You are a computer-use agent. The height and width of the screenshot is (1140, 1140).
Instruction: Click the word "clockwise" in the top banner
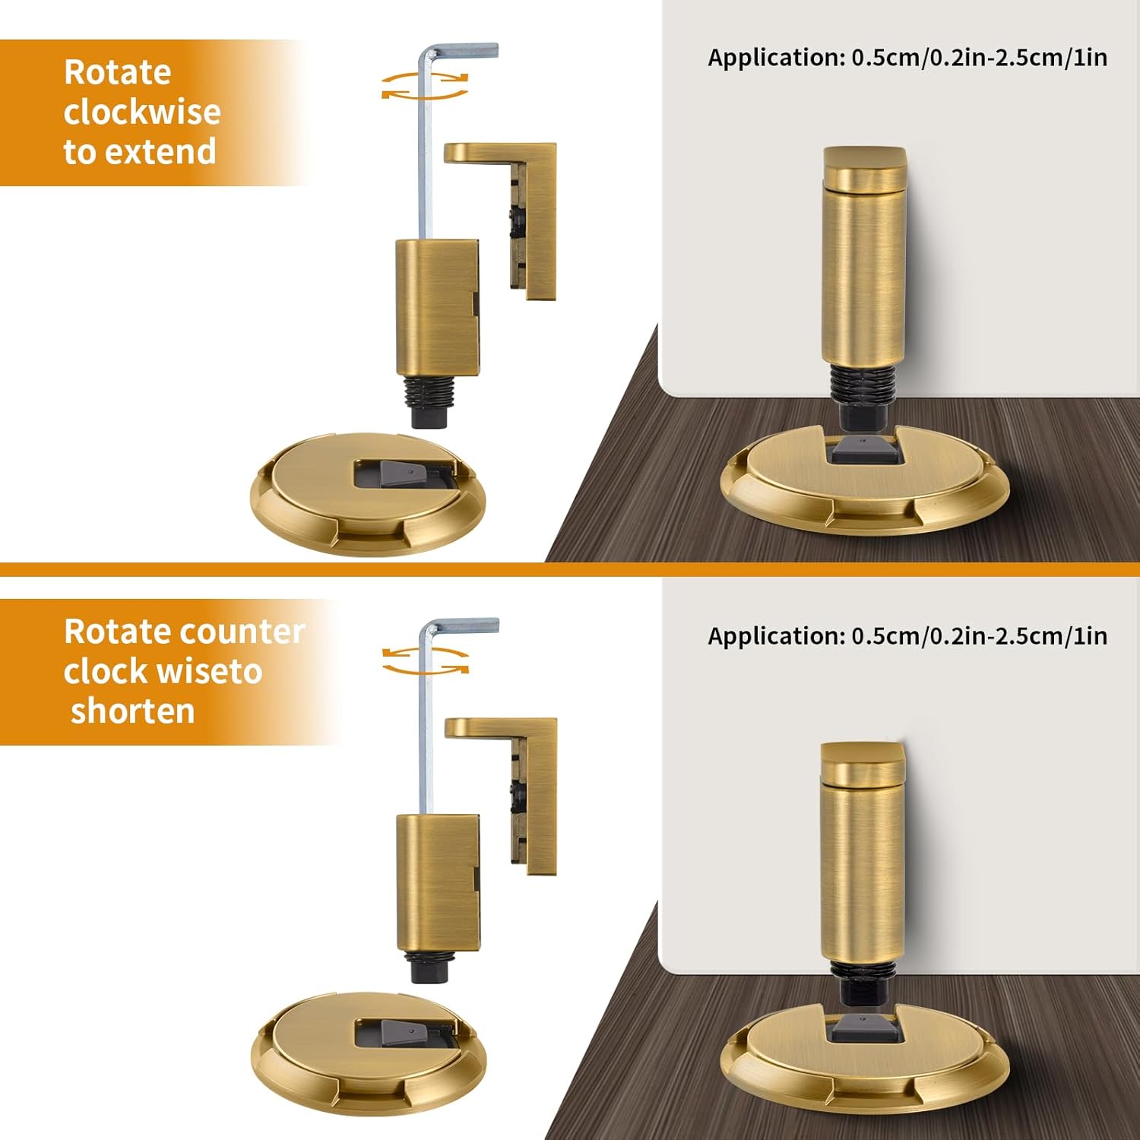142,112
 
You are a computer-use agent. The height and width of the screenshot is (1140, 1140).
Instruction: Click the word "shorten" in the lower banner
133,711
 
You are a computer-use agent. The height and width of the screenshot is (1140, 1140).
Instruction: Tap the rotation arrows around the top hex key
425,85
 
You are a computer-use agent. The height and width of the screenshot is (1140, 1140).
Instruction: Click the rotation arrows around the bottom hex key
425,660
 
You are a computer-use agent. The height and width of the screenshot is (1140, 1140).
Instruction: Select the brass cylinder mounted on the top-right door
865,258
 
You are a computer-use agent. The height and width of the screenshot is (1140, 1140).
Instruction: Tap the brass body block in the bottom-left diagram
438,882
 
